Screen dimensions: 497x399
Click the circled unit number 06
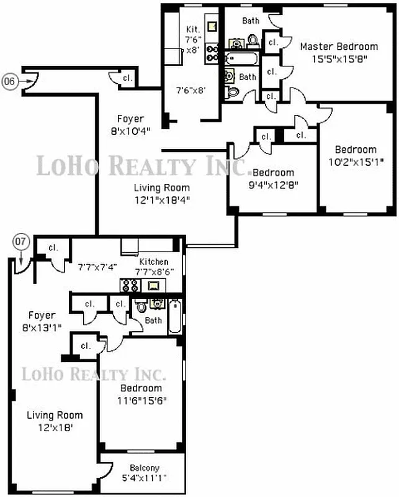click(9, 80)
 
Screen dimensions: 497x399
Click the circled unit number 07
click(20, 240)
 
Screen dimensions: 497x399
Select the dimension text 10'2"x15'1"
click(355, 161)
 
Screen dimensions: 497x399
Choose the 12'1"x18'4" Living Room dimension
click(161, 199)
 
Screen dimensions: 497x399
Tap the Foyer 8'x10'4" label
click(130, 124)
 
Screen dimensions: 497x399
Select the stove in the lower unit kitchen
click(130, 285)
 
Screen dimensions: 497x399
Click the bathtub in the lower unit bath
click(175, 316)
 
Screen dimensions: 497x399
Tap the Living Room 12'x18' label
click(54, 421)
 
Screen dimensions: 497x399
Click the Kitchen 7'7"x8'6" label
click(153, 267)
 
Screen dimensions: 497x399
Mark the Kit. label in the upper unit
click(192, 29)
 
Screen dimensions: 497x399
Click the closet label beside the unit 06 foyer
click(127, 78)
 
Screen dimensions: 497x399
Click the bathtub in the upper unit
click(238, 60)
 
